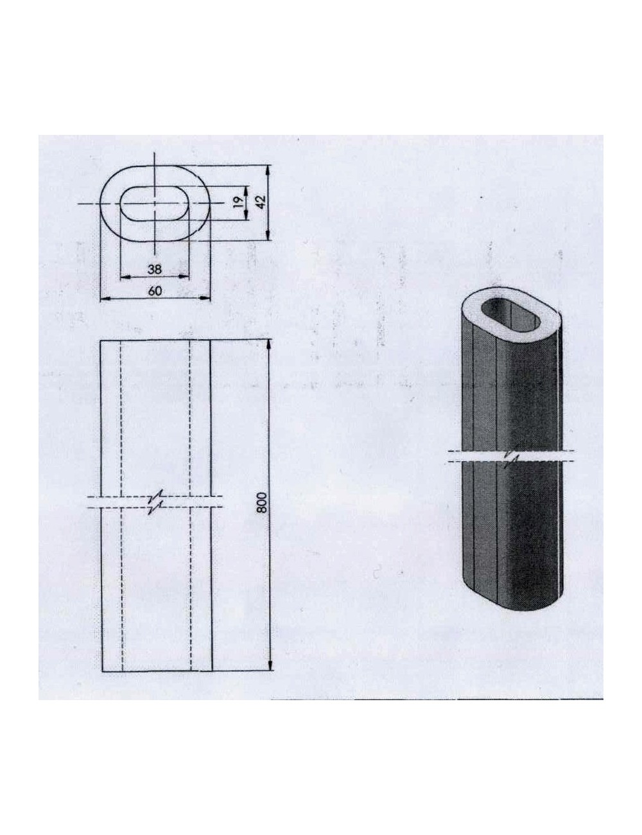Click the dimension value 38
154,268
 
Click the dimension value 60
155,290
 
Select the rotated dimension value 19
237,202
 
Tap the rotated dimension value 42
260,202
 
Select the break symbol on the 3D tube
511,457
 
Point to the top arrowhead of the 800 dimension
269,344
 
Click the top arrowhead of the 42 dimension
269,168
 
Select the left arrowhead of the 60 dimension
105,299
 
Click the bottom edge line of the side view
157,671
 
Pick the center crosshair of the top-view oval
155,203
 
